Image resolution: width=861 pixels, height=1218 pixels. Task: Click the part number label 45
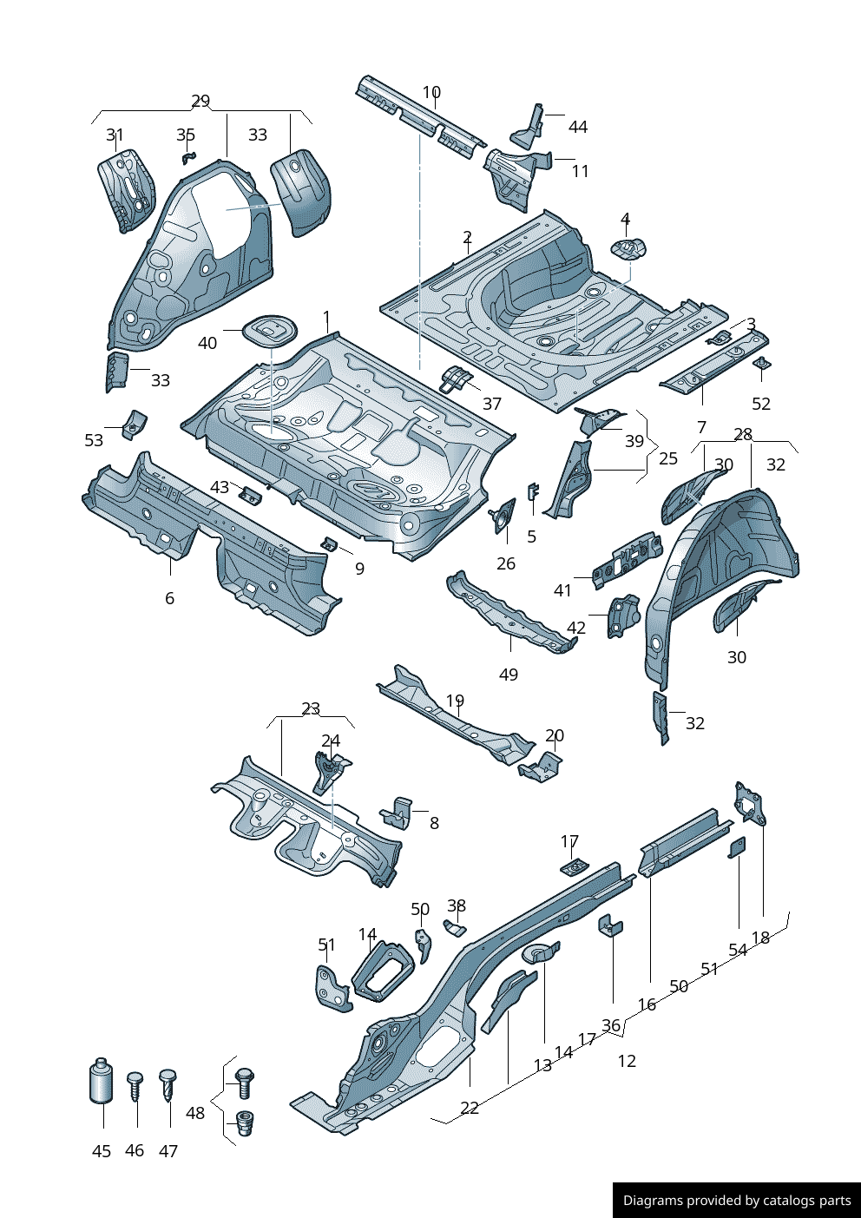102,1151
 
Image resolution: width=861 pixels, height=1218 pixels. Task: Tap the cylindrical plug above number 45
102,1081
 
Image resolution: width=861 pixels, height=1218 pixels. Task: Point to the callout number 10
431,92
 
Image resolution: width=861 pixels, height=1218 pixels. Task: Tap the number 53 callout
94,440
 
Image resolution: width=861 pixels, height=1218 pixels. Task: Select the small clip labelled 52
761,364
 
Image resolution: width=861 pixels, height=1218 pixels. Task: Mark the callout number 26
506,563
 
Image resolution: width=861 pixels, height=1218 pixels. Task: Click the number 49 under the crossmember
509,675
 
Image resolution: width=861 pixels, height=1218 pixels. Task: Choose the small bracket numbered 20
542,767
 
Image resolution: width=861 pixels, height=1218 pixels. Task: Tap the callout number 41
562,590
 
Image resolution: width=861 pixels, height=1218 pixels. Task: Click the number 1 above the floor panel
326,317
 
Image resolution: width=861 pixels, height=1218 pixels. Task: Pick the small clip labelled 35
187,157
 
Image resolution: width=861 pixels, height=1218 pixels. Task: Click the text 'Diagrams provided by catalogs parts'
737,1201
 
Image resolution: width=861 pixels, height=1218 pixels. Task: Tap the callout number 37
492,404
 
